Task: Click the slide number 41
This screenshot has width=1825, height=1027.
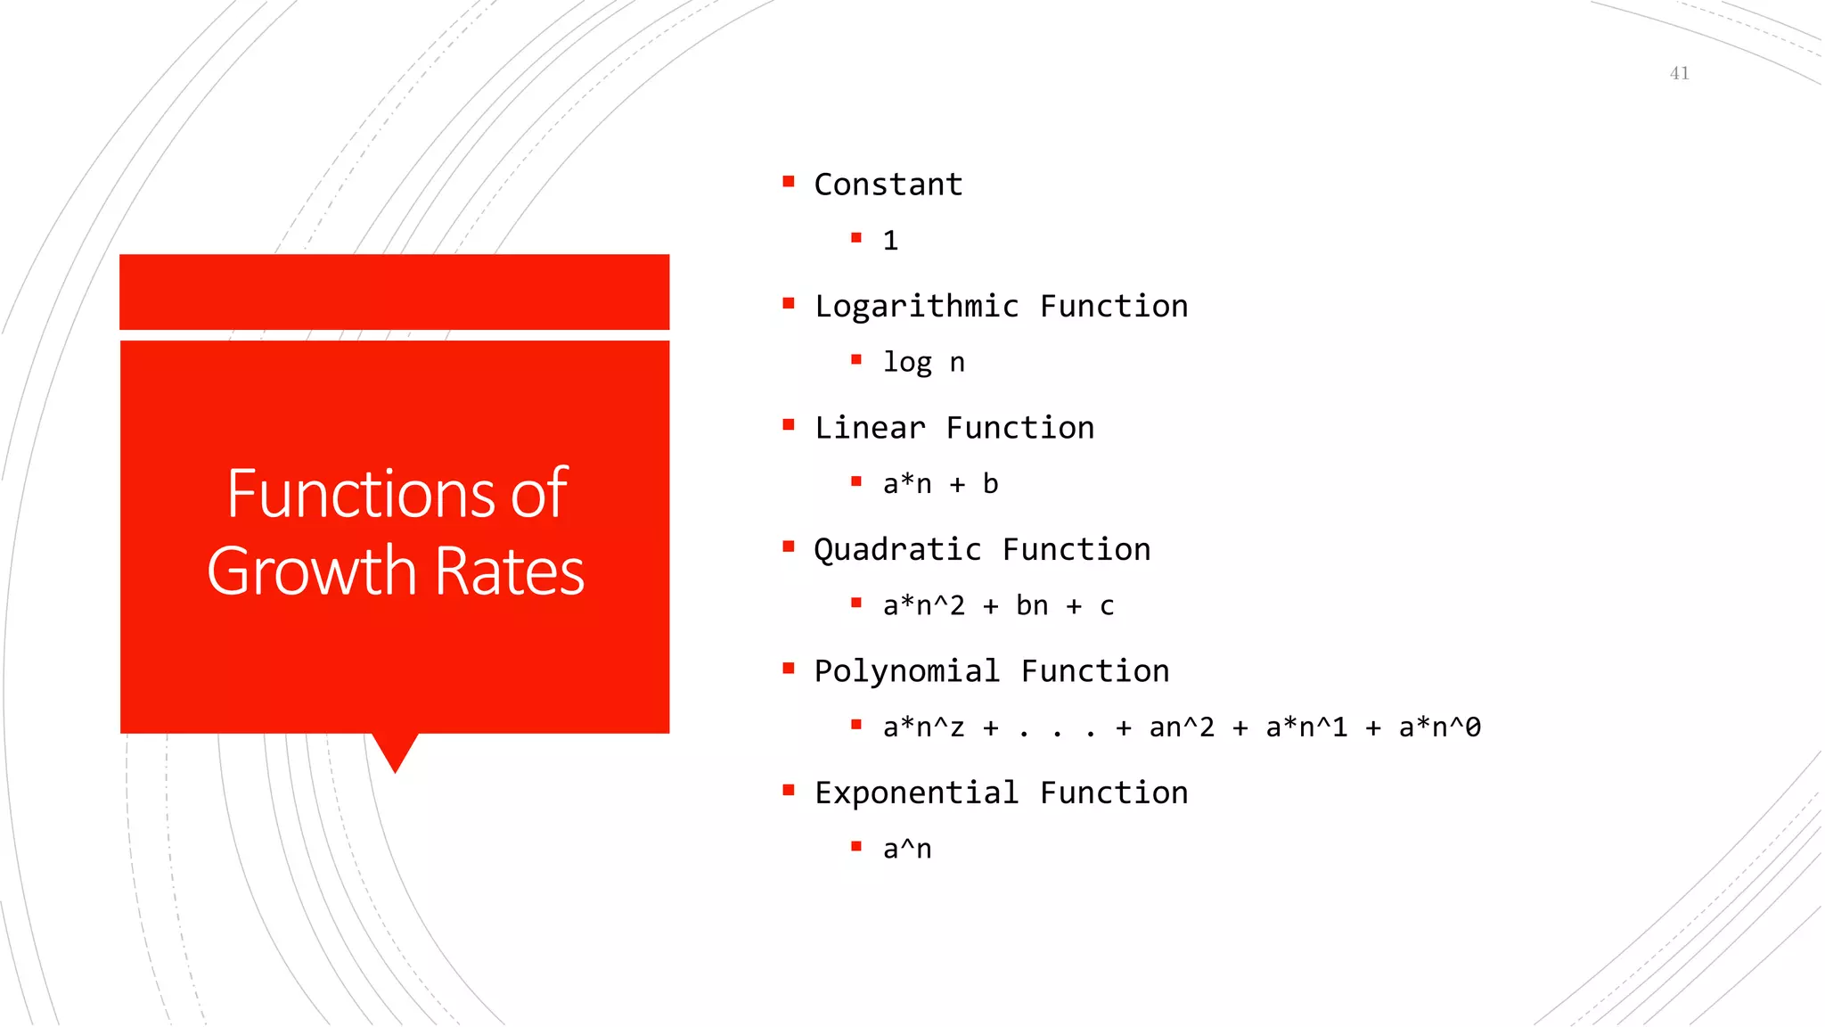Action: click(x=1679, y=73)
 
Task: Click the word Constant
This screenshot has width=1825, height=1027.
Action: click(x=888, y=185)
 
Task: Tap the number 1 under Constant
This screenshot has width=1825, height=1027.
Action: click(x=890, y=241)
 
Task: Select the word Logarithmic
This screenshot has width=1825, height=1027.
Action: click(x=916, y=307)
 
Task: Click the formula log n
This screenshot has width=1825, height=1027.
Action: click(x=923, y=363)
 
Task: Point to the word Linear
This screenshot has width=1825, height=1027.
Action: click(x=869, y=428)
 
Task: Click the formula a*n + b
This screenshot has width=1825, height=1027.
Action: click(x=940, y=484)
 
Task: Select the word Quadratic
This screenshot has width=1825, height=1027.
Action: click(x=897, y=550)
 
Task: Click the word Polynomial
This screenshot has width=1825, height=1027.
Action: click(x=906, y=671)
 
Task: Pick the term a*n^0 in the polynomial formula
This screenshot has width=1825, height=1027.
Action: click(x=1439, y=727)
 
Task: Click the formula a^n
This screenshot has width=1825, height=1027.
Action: click(x=907, y=850)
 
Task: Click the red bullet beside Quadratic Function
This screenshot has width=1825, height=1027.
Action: click(x=788, y=546)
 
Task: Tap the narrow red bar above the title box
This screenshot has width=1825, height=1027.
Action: click(x=394, y=292)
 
